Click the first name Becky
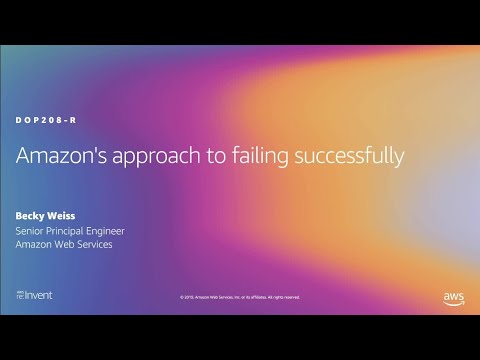pyautogui.click(x=30, y=213)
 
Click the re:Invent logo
pyautogui.click(x=35, y=296)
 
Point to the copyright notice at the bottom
pyautogui.click(x=240, y=297)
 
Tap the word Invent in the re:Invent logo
pyautogui.click(x=41, y=296)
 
